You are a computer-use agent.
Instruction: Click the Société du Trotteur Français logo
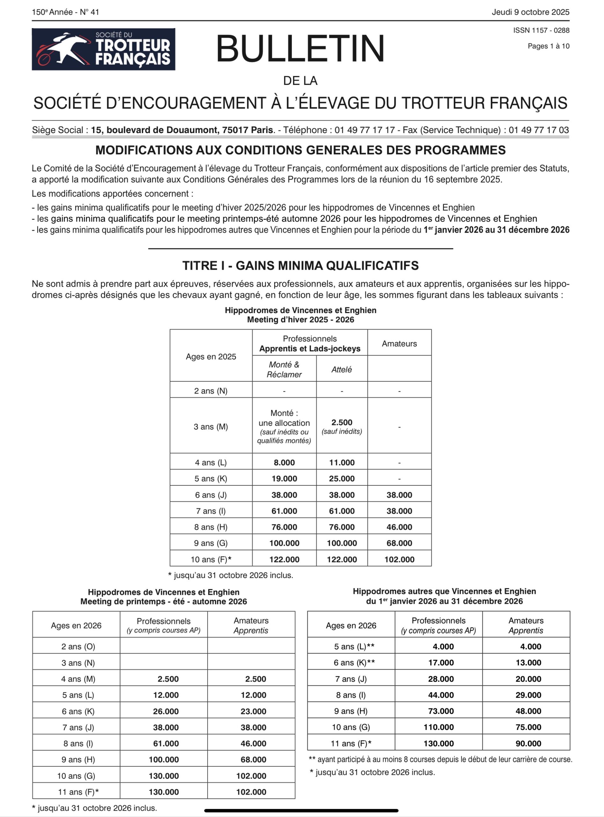103,49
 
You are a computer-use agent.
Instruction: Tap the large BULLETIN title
300,49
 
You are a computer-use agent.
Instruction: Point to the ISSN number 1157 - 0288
541,30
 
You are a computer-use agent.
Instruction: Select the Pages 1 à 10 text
549,46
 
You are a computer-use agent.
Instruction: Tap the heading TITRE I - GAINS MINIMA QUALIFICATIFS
300,266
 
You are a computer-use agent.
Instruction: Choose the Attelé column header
342,370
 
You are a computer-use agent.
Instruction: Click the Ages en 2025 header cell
211,356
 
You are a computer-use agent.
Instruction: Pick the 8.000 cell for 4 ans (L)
284,462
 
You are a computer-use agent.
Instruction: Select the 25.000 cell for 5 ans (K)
342,479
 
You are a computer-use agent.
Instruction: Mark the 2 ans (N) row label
211,391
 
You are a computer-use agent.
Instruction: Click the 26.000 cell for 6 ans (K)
166,711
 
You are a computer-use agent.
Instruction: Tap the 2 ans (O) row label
78,647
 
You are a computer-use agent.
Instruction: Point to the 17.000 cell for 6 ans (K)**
441,663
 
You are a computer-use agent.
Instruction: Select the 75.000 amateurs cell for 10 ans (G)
528,727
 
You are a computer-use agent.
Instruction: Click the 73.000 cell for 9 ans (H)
441,711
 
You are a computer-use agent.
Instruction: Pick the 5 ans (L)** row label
354,647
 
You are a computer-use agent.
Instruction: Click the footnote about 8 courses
441,759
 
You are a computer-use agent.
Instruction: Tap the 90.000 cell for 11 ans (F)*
528,744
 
